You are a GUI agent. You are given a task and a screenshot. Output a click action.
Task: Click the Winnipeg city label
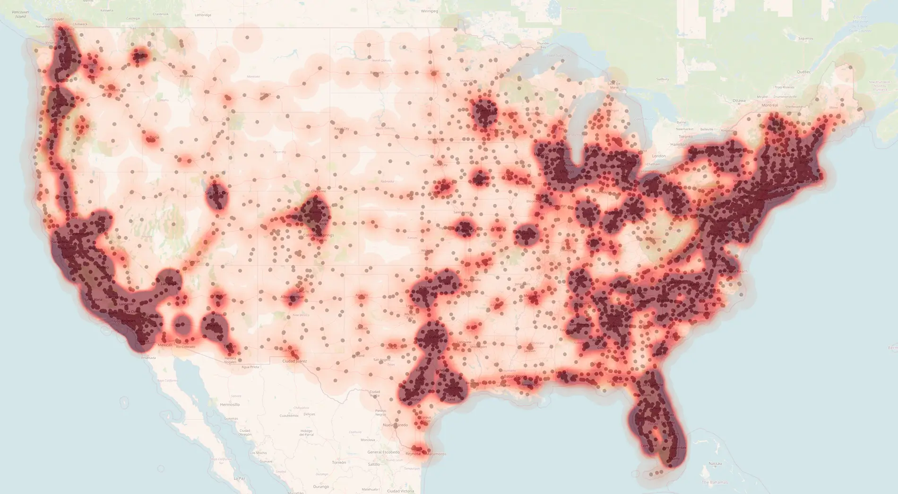[430, 11]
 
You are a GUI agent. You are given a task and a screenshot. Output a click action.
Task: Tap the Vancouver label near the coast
[54, 19]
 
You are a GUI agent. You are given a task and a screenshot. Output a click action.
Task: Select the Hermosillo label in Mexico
[230, 405]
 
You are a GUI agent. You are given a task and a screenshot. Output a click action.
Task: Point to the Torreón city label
[339, 462]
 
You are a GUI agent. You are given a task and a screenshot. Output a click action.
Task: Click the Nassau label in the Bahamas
[715, 464]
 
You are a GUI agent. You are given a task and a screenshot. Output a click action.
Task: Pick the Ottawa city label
[739, 101]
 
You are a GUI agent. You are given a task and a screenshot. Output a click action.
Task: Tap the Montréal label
[770, 105]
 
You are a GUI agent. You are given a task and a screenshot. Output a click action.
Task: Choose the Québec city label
[803, 72]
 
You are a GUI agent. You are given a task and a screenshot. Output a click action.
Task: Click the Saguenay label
[805, 38]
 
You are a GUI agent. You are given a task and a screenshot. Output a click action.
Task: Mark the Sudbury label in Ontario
[662, 79]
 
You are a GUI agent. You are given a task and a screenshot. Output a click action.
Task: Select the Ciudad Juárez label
[294, 361]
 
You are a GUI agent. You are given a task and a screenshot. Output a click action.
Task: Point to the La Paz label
[239, 478]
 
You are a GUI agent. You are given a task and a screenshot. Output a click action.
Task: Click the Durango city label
[321, 486]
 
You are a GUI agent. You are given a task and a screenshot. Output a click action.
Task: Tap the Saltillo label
[373, 464]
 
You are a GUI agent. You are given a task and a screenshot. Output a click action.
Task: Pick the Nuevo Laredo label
[395, 425]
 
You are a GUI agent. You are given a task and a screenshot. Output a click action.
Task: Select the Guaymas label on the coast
[231, 418]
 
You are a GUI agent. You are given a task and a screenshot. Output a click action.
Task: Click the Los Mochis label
[258, 453]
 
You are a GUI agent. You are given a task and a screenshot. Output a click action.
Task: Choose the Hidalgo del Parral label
[306, 433]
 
